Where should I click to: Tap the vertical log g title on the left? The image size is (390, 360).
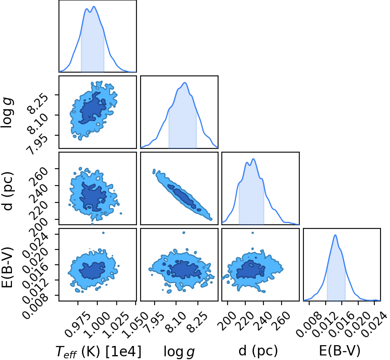pyautogui.click(x=7, y=113)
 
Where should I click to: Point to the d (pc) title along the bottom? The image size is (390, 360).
pyautogui.click(x=258, y=351)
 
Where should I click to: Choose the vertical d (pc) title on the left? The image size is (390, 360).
pyautogui.click(x=7, y=191)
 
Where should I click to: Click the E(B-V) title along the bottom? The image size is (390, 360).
pyautogui.click(x=340, y=351)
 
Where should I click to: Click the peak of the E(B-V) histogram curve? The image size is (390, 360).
pyautogui.click(x=335, y=235)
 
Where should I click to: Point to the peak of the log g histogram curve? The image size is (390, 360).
pyautogui.click(x=185, y=82)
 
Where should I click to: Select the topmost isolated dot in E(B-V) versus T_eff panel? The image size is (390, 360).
pyautogui.click(x=103, y=233)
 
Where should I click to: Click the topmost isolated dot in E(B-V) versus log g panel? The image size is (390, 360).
pyautogui.click(x=184, y=233)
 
